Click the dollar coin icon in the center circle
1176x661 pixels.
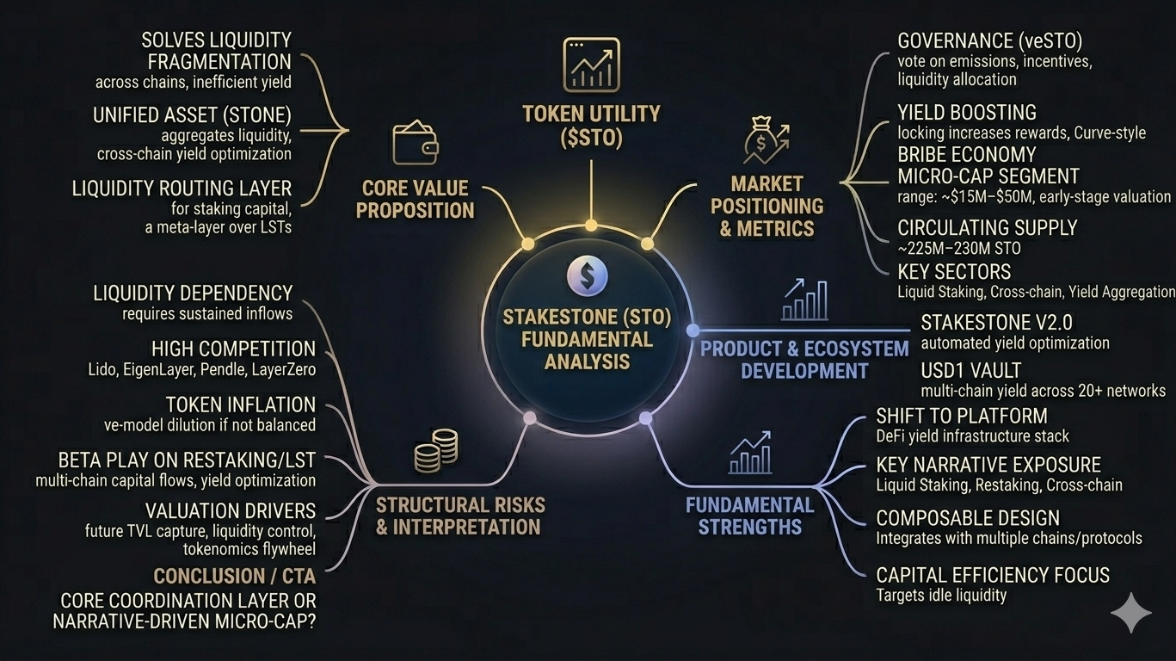tap(588, 276)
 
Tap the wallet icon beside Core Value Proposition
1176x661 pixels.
tap(416, 143)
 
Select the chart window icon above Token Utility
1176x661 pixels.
tap(591, 65)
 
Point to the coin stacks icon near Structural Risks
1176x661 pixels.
tap(435, 450)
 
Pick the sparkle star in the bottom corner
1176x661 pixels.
tap(1130, 613)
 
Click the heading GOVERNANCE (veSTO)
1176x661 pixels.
tap(989, 41)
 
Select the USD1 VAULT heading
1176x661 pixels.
tap(970, 371)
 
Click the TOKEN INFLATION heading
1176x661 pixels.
tap(241, 405)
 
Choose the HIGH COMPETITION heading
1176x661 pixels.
tap(233, 349)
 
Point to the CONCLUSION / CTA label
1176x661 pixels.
tap(234, 576)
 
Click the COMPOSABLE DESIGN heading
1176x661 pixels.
tap(968, 518)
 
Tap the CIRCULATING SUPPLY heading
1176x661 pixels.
tap(987, 228)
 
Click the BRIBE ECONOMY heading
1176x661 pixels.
tap(966, 155)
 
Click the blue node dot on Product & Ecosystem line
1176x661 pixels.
tap(693, 330)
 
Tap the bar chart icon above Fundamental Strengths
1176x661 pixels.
tap(750, 454)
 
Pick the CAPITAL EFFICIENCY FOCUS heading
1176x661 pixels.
tap(993, 575)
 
